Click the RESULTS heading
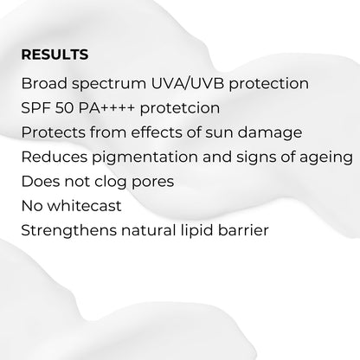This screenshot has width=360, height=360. (55, 55)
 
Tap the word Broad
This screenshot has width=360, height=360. (43, 85)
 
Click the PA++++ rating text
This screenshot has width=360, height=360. (112, 109)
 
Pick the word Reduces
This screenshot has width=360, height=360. (51, 157)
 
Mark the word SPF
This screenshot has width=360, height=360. (37, 109)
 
